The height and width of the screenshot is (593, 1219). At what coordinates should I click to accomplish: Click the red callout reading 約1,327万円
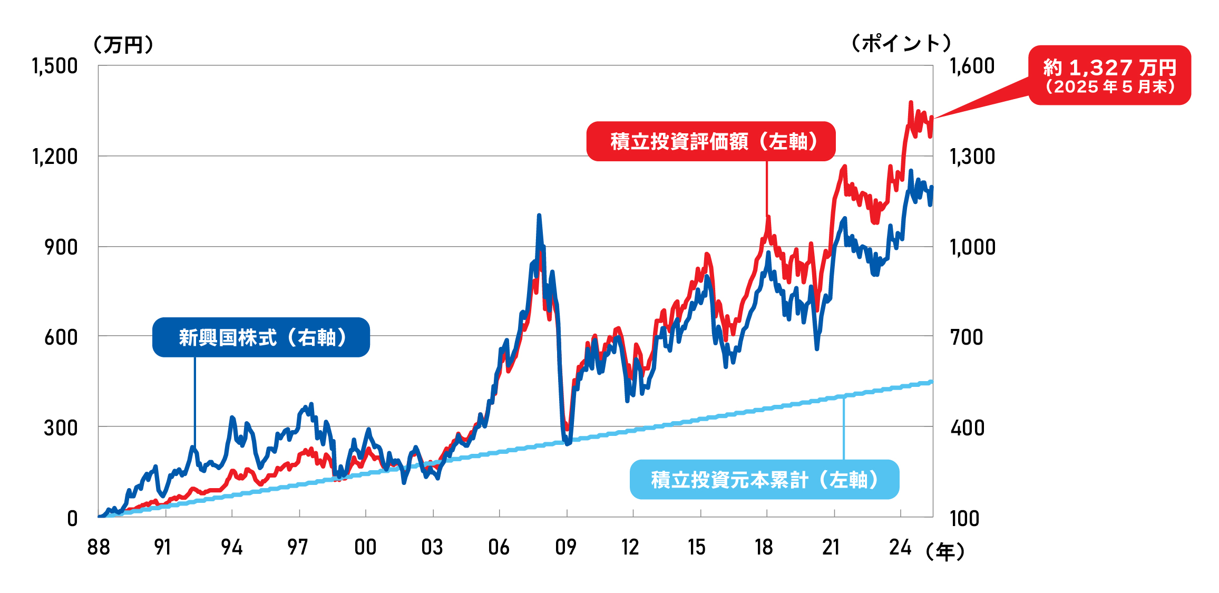point(1109,75)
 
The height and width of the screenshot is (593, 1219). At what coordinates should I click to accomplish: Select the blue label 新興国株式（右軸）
point(261,337)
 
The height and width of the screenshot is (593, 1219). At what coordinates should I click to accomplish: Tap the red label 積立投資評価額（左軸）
point(711,141)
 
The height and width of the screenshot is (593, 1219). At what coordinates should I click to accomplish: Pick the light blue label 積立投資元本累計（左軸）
point(764,480)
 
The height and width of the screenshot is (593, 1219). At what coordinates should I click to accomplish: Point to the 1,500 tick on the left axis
point(55,66)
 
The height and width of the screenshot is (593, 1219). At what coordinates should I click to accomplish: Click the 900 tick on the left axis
point(61,247)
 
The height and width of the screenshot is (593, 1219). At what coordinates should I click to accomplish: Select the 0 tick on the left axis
point(72,519)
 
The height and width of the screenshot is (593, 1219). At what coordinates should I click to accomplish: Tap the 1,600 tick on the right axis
point(972,66)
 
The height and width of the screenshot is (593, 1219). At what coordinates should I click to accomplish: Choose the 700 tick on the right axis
point(967,337)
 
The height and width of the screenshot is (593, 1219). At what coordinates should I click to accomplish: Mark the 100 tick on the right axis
point(964,519)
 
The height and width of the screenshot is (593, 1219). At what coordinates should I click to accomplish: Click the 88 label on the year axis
point(99,548)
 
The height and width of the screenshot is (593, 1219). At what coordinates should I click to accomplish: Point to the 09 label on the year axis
point(565,548)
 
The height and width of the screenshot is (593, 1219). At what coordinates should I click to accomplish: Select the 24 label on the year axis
point(900,548)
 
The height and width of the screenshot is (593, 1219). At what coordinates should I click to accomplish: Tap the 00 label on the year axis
point(365,548)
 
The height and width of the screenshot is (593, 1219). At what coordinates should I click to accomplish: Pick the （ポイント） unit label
point(901,43)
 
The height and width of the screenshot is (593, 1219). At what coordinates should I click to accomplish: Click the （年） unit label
point(945,552)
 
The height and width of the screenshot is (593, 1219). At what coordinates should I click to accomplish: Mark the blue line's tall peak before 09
point(539,216)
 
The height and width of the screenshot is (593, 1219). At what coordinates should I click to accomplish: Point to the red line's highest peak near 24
point(911,102)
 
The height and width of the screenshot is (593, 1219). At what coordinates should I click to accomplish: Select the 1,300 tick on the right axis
point(972,157)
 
